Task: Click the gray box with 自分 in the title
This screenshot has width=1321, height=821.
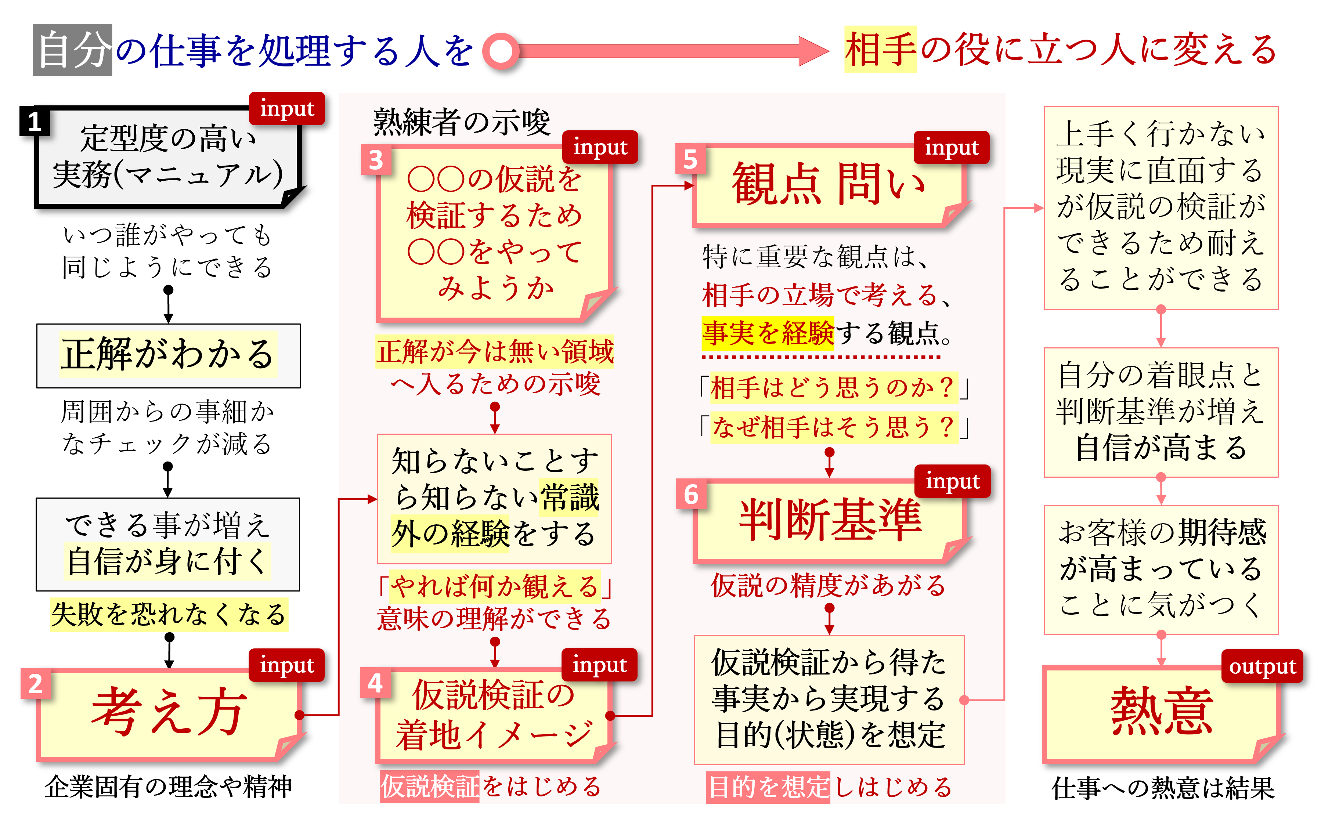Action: (x=72, y=50)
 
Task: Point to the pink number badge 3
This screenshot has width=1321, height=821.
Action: (x=376, y=160)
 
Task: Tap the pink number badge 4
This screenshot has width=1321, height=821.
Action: (x=375, y=683)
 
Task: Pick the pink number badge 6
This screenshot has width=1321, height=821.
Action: (x=691, y=494)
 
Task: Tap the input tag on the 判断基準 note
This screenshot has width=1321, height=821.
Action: (x=952, y=481)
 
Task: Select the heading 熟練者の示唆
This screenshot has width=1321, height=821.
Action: (x=462, y=122)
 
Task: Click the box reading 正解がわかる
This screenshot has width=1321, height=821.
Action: (x=168, y=356)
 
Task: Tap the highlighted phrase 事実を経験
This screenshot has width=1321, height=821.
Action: (x=767, y=333)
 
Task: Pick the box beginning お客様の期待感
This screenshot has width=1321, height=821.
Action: (x=1161, y=569)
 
